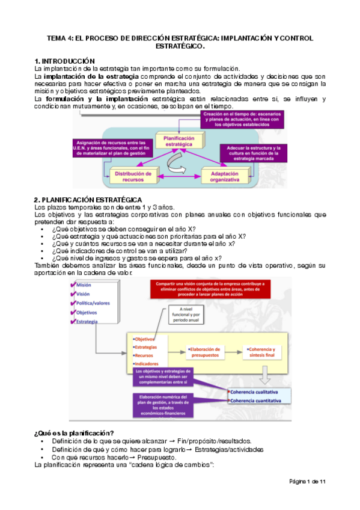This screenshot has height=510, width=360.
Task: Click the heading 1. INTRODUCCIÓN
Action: point(65,61)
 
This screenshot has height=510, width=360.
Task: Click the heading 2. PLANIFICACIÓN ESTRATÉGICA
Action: point(88,200)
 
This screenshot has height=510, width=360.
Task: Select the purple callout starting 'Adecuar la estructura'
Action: point(253,153)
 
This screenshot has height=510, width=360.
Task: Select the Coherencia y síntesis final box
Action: point(263,352)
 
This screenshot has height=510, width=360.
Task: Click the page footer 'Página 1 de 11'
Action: point(307,482)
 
